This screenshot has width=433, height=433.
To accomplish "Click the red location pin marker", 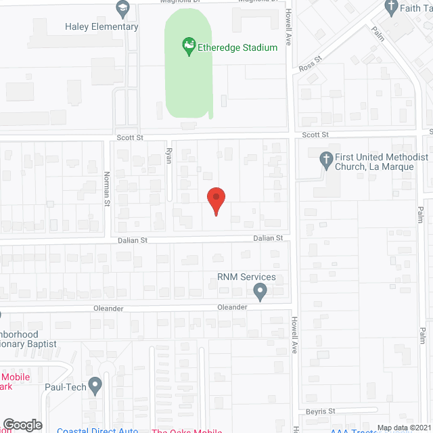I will coord(215,200).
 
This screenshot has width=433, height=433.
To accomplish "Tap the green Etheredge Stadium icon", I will coord(189,47).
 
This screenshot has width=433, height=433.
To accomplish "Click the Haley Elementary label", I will coord(101,27).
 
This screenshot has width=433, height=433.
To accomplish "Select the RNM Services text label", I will coord(246,277).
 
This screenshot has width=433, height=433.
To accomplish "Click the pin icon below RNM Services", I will coord(260,292).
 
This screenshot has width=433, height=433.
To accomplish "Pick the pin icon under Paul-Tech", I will coord(95,388).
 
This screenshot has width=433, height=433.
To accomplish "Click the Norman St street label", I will coord(107,189).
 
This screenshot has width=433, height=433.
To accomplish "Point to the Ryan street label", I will coord(169,156).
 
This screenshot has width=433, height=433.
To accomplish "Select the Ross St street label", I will coord(309,68).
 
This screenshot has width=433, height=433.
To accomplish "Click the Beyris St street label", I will coord(321,411).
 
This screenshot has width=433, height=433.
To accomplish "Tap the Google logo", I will coord(22,424).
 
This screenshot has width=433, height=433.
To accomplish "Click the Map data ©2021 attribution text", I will coord(404,428).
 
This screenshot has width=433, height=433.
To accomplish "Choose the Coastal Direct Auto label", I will coord(97,430).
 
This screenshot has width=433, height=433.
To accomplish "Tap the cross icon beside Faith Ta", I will coord(391,7).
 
